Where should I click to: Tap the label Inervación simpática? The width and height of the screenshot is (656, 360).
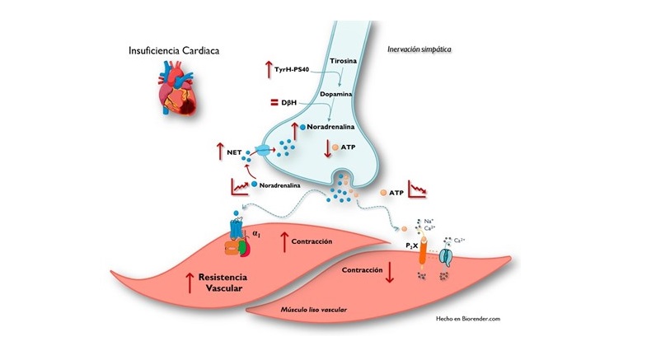pos(419,49)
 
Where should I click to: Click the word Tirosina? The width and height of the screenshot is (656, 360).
pos(343,63)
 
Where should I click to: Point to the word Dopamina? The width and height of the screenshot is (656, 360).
pos(340,96)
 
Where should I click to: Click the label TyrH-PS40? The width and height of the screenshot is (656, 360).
pos(301,71)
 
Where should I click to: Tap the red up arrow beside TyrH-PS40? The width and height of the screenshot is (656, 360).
pos(269,70)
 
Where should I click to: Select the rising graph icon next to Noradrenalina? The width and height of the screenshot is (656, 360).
pos(239,187)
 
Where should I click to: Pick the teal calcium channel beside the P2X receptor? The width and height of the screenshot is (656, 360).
pos(446,256)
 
